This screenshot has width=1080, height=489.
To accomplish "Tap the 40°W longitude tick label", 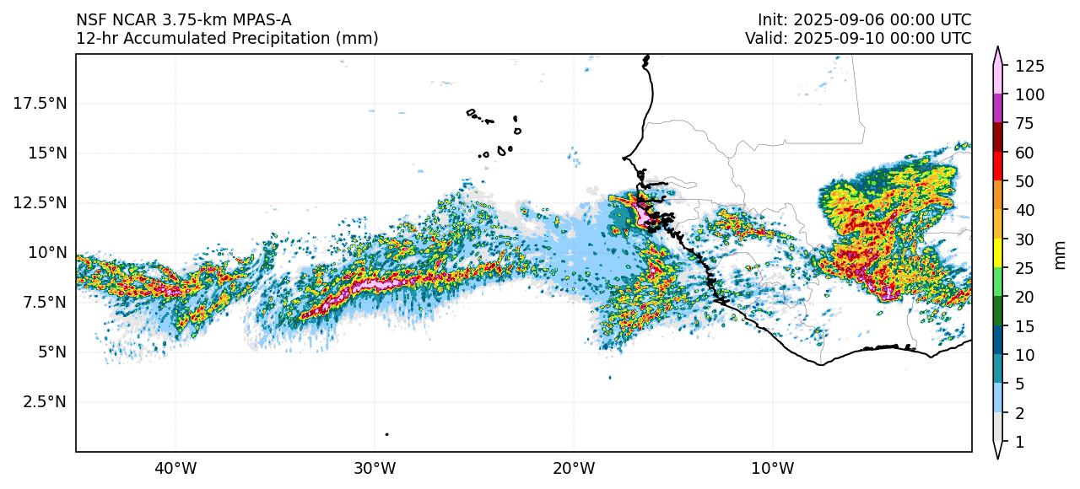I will pos(175,468).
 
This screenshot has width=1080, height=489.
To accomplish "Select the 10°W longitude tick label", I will pos(773,468).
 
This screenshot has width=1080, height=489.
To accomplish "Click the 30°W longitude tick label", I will pos(375,468).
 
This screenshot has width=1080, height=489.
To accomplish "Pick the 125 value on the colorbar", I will pos(1030,66).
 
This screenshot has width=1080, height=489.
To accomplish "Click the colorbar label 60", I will pos(1023,153).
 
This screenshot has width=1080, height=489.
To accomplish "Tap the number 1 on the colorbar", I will pos(1018,442).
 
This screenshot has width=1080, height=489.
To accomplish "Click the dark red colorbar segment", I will pos(998,137).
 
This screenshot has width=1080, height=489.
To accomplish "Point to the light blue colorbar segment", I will pos(998,398).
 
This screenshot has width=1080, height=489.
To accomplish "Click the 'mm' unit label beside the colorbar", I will pos(1061,254).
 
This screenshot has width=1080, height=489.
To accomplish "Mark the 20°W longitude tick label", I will pos(574,468).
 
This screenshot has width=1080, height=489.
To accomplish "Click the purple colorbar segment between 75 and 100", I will pos(998,109).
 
